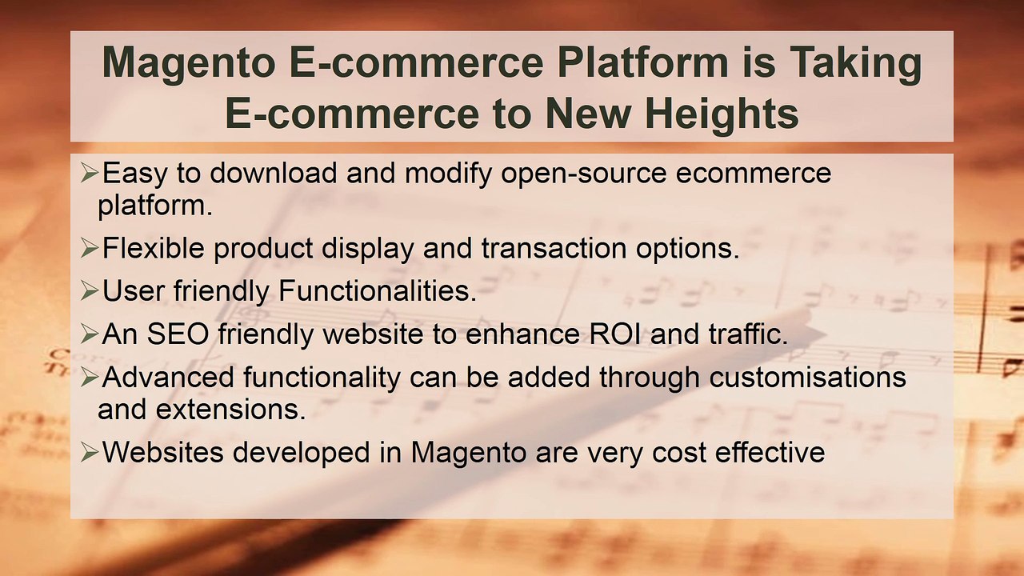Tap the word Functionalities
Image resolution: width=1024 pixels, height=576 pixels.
(x=377, y=291)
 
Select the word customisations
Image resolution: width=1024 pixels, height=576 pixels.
(x=807, y=377)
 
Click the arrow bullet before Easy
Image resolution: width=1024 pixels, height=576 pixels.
(x=90, y=173)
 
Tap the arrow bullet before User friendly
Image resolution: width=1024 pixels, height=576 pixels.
(x=90, y=291)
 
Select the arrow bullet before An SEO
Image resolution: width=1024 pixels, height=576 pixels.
(x=90, y=334)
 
